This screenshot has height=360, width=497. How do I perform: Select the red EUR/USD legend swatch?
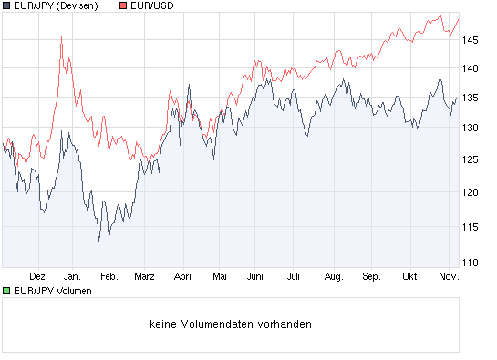(123, 6)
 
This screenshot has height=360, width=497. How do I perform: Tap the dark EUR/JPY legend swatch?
(6, 6)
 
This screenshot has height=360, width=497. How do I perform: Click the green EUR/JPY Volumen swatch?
(6, 291)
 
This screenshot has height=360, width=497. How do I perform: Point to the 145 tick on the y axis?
(471, 40)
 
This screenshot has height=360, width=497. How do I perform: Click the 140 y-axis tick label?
(471, 68)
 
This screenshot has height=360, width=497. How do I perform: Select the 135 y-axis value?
(471, 98)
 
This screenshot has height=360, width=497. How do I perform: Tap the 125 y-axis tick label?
(471, 161)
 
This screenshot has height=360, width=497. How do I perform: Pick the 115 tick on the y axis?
(471, 225)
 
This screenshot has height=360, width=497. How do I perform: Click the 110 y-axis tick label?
(471, 262)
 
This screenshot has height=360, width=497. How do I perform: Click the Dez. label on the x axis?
(38, 274)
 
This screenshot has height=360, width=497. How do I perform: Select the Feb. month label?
(109, 274)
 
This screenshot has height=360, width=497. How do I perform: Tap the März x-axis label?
(145, 274)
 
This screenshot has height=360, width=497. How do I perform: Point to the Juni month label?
(255, 274)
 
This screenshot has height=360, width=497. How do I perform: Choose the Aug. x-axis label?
(333, 274)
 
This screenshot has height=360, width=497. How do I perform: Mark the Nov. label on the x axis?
(446, 274)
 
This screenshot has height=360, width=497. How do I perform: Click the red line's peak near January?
(61, 36)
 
